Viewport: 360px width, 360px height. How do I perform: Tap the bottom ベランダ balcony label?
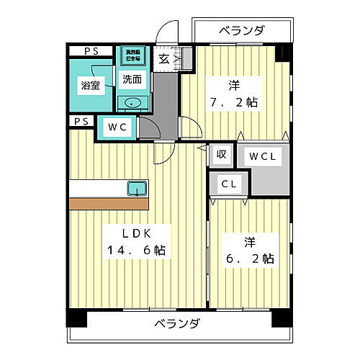point(176,323)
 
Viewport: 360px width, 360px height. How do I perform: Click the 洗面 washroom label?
point(132,79)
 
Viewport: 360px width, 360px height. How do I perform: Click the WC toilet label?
point(117,127)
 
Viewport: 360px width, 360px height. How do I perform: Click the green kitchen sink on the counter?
point(136,189)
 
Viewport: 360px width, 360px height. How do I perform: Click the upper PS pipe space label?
point(91,50)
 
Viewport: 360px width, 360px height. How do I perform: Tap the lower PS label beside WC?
point(81,121)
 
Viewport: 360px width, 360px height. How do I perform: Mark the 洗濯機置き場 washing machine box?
point(132,55)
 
